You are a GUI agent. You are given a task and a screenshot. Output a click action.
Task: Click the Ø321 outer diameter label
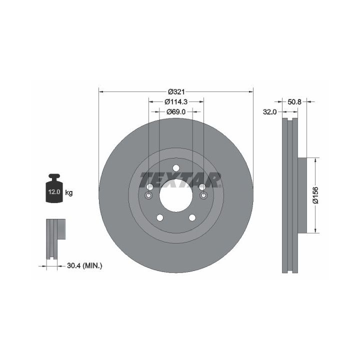point(176,92)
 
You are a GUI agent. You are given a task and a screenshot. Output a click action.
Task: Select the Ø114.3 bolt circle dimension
point(176,101)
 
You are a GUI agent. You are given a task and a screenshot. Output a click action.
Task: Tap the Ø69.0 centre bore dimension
point(176,112)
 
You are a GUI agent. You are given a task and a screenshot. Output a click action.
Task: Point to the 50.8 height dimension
point(294,101)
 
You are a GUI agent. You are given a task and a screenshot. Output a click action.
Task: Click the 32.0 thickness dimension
point(270,112)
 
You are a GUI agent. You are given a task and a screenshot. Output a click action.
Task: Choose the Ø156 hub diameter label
point(316,195)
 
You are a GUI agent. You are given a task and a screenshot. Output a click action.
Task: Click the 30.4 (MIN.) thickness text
point(84,266)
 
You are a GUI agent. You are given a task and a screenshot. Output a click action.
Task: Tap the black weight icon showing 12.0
point(54,188)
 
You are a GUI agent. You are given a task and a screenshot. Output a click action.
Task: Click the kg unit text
point(69,192)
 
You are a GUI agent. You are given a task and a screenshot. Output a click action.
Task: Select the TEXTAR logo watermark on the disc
point(180,180)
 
